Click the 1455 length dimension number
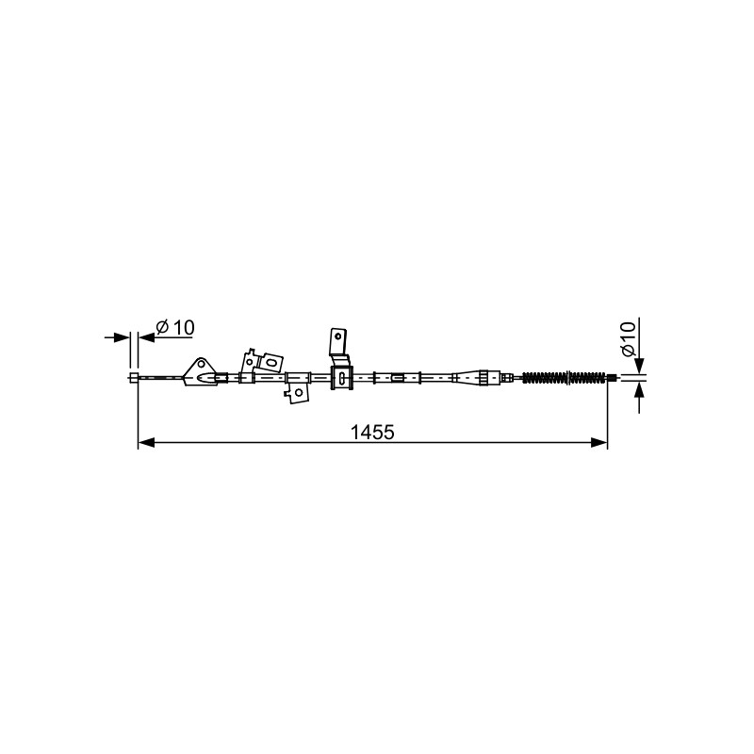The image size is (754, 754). [372, 433]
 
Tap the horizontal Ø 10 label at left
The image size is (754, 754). [175, 327]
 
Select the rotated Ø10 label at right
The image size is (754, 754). [629, 339]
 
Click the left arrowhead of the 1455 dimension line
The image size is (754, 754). [146, 443]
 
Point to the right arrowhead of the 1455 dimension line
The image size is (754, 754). [599, 443]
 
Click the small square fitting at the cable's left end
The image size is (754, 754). [134, 378]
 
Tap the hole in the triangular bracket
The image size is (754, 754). [201, 365]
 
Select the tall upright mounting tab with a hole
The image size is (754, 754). [338, 343]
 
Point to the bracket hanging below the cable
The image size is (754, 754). [297, 392]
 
